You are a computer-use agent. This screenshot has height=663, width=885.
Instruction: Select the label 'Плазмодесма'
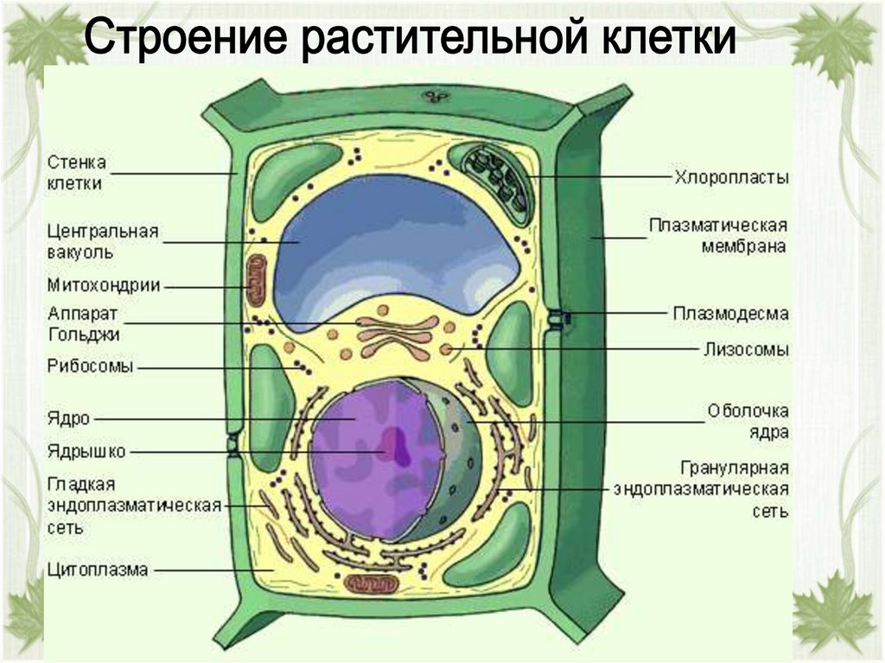coord(731,314)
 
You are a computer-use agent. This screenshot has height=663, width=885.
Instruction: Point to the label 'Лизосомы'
coord(743,350)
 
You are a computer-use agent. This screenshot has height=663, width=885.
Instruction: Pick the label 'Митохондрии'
coord(104,285)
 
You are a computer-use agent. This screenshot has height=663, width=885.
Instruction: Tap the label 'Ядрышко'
coord(87,450)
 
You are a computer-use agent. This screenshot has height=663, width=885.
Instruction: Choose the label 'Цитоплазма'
coord(98,570)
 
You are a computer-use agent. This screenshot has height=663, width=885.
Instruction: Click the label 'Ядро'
coord(70,419)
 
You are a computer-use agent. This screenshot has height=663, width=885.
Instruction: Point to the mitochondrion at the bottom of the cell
coord(372,583)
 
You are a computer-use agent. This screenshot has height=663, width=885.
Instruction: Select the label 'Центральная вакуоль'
coord(103,242)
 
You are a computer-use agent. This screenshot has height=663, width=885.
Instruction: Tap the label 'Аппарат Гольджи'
coord(84,323)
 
